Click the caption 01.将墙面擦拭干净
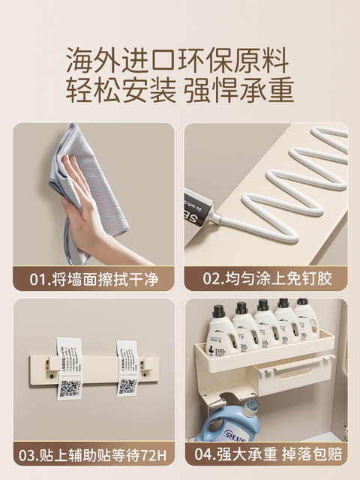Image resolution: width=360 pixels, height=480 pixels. (x=94, y=279)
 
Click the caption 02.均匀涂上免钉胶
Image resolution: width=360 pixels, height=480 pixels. (x=268, y=279)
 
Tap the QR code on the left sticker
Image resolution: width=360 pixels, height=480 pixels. (x=69, y=388)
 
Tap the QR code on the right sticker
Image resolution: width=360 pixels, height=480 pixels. (x=127, y=386)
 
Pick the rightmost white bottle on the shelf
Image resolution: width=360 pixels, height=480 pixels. (x=304, y=321)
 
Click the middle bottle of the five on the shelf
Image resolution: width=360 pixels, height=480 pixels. (x=263, y=324)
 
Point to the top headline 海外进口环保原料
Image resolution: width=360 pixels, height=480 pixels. (x=180, y=58)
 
